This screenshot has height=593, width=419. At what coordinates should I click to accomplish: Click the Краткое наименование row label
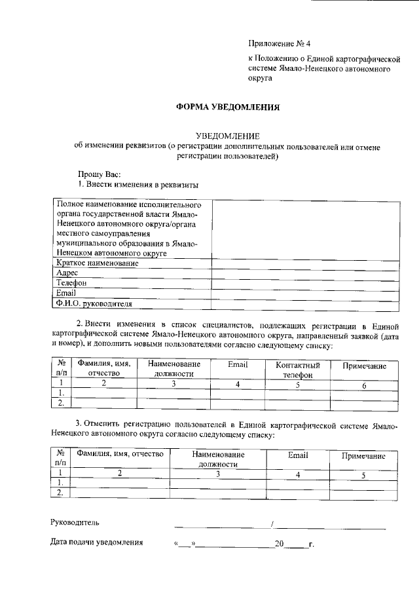coord(98,263)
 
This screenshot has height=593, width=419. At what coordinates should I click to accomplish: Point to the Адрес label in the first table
coord(67,273)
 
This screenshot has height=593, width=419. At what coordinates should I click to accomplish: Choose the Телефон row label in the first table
coord(71,283)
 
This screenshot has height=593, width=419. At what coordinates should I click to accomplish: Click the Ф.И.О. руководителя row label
coord(94,304)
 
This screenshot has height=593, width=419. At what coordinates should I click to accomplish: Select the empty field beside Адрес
coord(304,273)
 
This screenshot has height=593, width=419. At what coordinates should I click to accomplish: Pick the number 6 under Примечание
coord(364,385)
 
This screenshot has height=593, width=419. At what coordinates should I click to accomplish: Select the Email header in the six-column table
coord(237,364)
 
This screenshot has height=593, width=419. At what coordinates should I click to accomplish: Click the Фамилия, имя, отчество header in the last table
coord(119,455)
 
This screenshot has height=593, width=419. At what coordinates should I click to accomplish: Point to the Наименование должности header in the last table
coord(219,459)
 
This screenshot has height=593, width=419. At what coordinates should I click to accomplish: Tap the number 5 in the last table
coord(362,474)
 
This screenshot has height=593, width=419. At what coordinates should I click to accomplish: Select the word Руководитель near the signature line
coord(75,523)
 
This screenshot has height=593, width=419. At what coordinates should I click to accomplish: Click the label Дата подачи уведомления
coord(97,543)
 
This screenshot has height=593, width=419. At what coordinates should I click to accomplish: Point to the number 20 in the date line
coord(280,543)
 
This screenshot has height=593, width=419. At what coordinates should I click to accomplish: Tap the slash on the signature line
coord(272,524)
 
